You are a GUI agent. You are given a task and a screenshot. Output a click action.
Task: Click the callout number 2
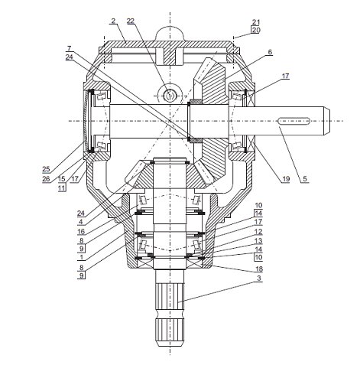114,21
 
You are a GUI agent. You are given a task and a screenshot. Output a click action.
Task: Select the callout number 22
131,21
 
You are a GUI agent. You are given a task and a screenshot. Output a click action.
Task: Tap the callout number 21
256,22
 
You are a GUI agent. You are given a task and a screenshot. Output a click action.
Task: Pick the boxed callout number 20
256,30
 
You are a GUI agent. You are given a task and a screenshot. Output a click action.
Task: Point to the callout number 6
270,52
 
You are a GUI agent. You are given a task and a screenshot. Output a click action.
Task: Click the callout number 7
70,48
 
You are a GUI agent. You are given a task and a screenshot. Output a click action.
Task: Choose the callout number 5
305,179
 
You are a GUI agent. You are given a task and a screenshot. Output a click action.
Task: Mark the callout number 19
286,179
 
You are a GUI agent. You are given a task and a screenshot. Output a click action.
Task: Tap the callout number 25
46,169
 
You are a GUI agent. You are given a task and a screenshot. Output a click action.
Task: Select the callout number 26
46,179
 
